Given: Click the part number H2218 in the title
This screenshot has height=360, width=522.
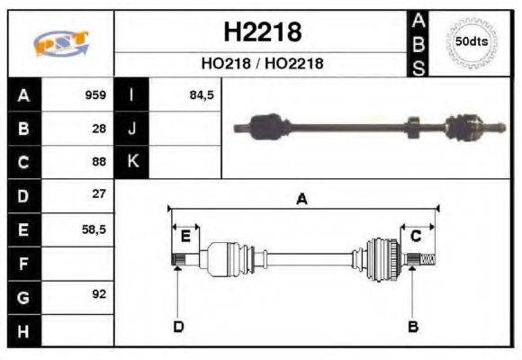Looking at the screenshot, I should click(261, 33).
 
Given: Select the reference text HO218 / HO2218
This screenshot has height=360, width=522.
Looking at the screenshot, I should click(261, 64).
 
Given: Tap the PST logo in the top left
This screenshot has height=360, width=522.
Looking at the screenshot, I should click(60, 44).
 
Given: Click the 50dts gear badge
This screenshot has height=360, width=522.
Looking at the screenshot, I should click(472, 42).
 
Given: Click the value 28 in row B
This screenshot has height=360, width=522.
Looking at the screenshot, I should click(99, 129).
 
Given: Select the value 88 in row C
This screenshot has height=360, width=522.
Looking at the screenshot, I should click(99, 162).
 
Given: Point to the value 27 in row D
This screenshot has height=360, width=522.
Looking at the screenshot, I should click(99, 194).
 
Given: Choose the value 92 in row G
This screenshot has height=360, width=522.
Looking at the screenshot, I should click(99, 293).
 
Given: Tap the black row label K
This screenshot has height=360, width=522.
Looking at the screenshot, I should click(131, 162).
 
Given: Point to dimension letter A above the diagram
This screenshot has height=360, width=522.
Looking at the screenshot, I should click(301, 200).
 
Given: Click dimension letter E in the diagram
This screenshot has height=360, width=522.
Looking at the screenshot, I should click(184, 236).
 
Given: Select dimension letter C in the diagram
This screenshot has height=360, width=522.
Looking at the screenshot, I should click(416, 236).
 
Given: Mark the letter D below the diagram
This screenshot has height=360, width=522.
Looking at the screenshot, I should click(177, 326).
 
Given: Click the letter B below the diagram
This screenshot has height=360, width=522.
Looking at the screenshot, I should click(413, 326).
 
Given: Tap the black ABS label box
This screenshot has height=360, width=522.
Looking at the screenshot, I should click(418, 43).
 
